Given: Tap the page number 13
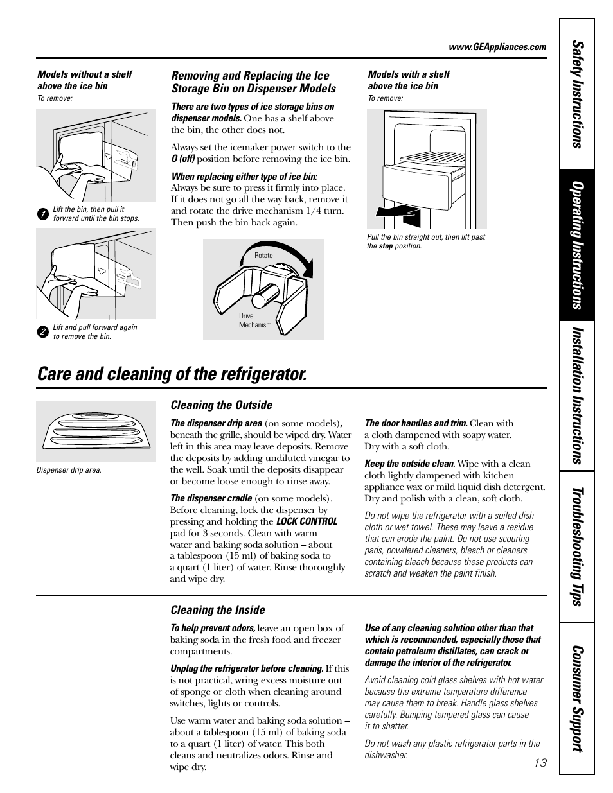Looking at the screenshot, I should click(x=540, y=763).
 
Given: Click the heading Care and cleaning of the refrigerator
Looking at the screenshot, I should click(x=172, y=374).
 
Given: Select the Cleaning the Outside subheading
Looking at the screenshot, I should click(x=221, y=405).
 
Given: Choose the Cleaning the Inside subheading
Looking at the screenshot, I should click(x=217, y=610).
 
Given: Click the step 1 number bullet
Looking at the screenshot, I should click(x=42, y=214).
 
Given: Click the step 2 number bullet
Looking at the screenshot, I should click(x=42, y=332).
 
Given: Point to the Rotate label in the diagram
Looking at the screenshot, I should click(x=263, y=256).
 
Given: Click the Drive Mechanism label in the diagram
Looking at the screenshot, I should click(x=254, y=320).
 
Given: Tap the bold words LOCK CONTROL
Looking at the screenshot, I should click(x=306, y=521).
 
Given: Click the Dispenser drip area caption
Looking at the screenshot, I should click(x=69, y=470).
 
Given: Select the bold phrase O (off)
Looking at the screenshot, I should click(x=183, y=159).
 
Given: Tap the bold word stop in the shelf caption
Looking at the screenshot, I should click(x=386, y=246).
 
